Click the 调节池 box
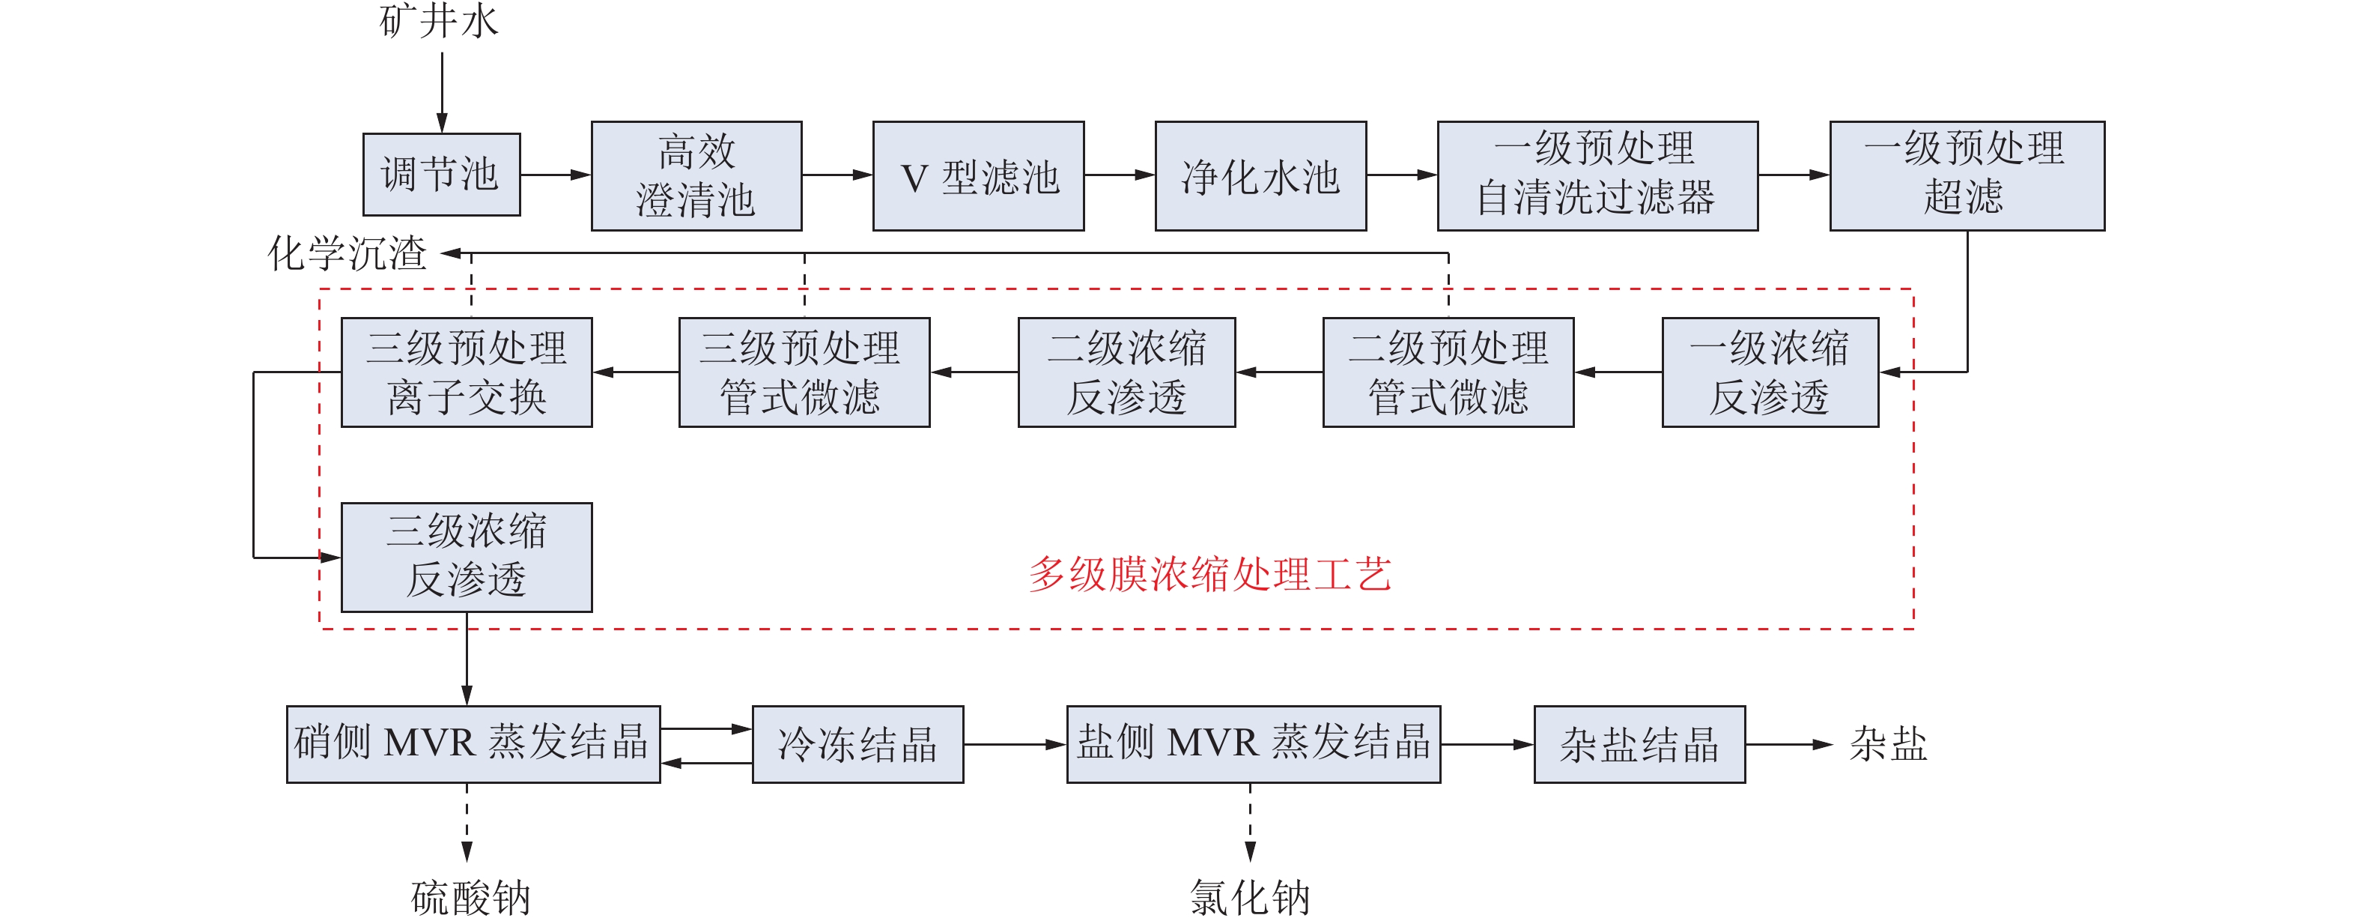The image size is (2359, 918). (441, 174)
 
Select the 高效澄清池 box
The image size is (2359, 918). (696, 175)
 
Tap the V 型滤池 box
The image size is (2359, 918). (978, 175)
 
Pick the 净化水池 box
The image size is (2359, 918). (1260, 175)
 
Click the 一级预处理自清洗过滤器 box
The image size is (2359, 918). (1597, 175)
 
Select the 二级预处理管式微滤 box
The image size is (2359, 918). (1448, 372)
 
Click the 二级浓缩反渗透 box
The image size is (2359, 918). (1126, 372)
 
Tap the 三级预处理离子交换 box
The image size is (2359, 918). (466, 372)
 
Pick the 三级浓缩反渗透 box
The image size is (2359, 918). (466, 557)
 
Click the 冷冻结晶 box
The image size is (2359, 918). (857, 744)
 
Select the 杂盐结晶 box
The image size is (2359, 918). (1639, 744)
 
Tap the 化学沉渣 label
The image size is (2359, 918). (347, 253)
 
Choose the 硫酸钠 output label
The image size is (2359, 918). (471, 897)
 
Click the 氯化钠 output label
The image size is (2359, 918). (1250, 897)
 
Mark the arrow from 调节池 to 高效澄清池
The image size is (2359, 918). (555, 174)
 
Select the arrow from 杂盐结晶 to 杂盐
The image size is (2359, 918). (1788, 744)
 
